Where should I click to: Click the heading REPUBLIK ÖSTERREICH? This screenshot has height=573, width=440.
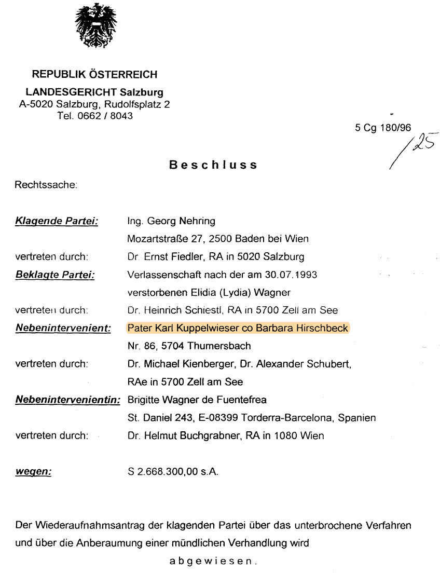coord(94,74)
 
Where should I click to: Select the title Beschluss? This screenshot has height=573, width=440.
coord(213,165)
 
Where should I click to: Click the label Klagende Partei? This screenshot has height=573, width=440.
coord(57,221)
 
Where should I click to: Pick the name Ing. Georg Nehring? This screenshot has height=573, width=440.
coord(171,221)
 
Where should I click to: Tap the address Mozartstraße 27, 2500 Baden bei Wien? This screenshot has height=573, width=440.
coord(218,239)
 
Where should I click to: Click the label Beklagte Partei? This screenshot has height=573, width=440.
coord(55,274)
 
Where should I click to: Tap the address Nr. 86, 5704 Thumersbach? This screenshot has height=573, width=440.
coord(189,346)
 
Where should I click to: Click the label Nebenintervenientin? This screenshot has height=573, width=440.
coord(68,400)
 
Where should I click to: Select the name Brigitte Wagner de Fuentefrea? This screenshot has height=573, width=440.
coord(197,400)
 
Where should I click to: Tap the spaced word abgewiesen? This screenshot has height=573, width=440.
coord(213,561)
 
